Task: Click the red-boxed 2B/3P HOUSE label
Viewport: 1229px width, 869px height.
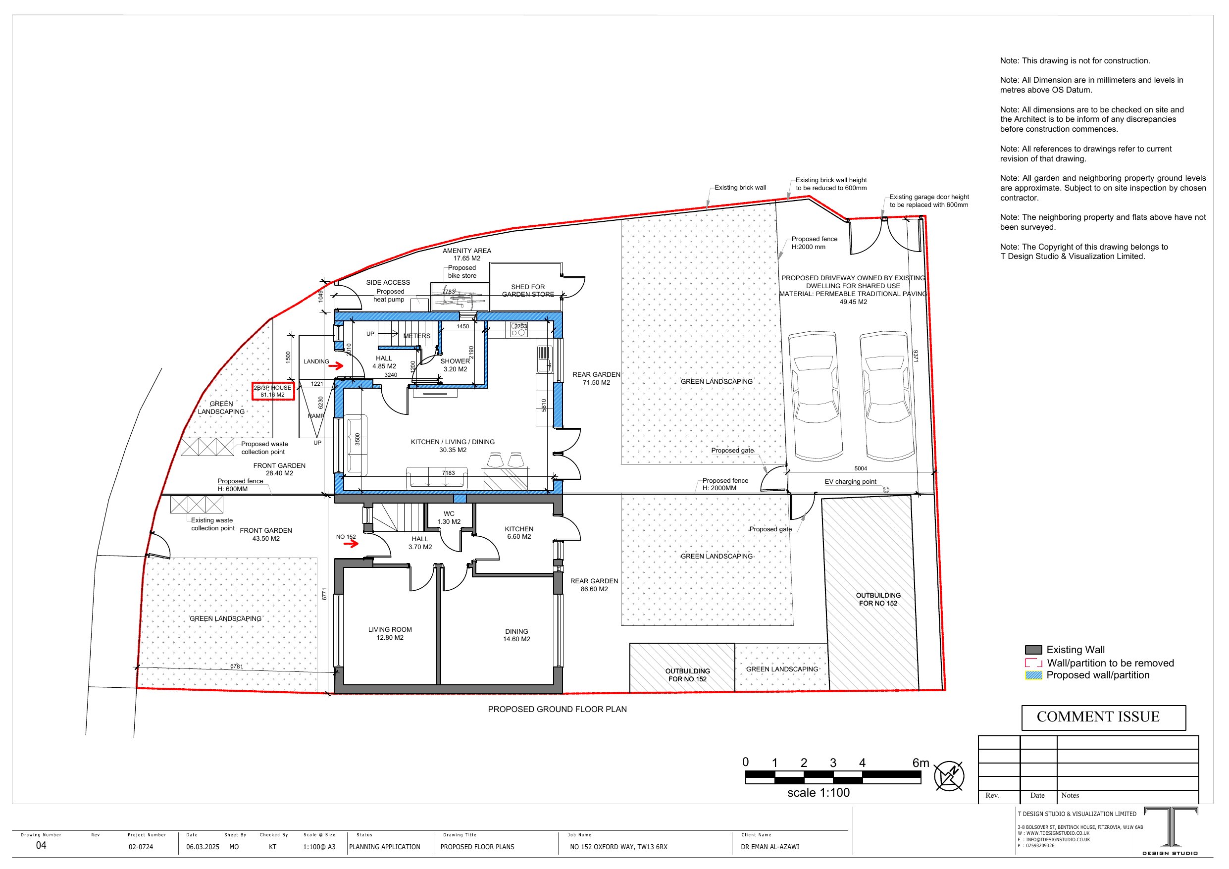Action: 273,391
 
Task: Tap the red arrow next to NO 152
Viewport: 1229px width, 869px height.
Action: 351,544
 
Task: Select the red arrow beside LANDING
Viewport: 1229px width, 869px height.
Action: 336,366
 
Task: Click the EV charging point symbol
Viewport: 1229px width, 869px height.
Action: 886,489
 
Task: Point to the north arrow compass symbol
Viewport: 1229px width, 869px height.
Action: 949,776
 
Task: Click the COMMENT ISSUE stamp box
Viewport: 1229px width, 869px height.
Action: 1103,717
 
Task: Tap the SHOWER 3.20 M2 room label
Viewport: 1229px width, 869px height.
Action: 455,365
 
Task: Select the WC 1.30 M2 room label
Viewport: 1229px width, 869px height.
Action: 449,518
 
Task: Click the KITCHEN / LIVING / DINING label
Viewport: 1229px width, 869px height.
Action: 452,446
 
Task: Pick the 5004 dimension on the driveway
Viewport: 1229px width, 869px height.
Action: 860,468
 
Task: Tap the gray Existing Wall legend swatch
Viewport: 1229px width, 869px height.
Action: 1033,650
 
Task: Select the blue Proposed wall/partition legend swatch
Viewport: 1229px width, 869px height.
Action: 1033,676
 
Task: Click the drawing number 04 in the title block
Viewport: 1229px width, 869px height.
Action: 41,845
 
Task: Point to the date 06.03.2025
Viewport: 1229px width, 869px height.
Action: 203,847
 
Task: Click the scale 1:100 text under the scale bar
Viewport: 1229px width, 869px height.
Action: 818,793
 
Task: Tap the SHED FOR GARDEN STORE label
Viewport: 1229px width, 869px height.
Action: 528,291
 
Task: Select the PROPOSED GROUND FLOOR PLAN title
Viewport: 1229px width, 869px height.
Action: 557,710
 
